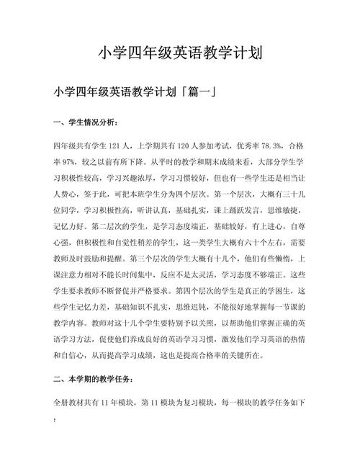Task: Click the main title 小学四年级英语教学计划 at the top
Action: coord(180,53)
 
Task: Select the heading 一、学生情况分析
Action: coord(86,122)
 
